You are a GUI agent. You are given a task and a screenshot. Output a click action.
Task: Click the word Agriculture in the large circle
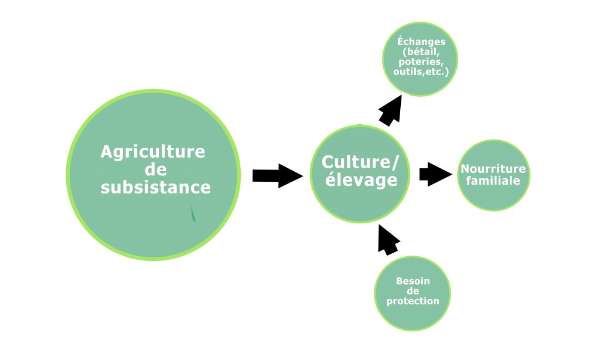coord(153,152)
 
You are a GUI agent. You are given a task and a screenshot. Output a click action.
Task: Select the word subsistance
coord(155,188)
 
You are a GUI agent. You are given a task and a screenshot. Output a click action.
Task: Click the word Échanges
coord(421,42)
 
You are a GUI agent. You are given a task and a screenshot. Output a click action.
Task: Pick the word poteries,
coord(421,62)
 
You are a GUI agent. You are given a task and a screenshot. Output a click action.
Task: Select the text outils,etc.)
coord(421,72)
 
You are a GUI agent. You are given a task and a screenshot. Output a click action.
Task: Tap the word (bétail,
coord(421,52)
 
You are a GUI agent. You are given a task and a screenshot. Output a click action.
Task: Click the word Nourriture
coord(493,169)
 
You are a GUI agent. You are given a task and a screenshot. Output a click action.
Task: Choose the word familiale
coord(493,181)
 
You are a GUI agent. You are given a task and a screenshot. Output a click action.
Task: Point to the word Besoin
coord(412,281)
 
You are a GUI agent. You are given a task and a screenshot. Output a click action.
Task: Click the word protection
coord(412,301)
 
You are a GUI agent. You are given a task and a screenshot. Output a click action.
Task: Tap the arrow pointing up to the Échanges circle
coord(390,110)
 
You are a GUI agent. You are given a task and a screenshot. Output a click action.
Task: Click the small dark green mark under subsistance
coord(193,215)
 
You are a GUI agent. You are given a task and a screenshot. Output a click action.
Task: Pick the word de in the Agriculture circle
coord(155,170)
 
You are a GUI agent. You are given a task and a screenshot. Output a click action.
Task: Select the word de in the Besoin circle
coord(412,291)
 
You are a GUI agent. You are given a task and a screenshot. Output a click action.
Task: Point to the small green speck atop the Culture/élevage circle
coord(359,124)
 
